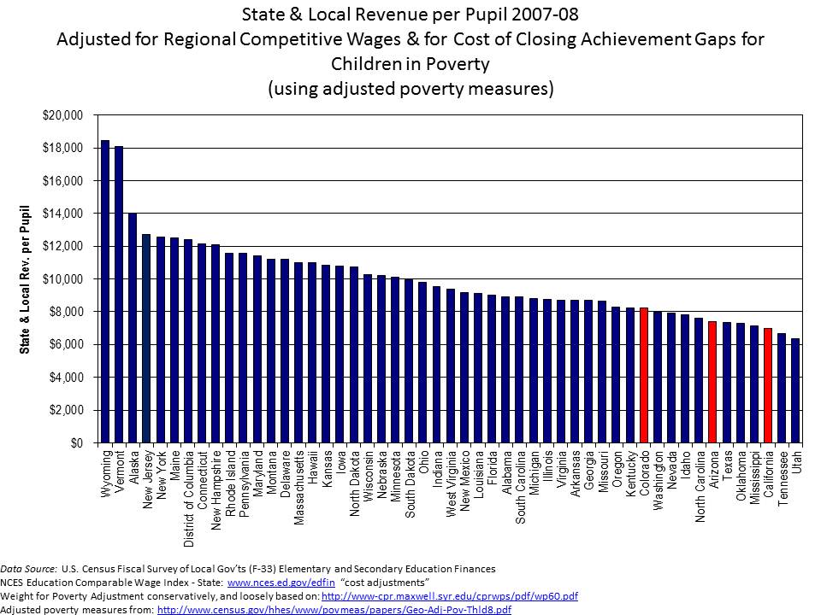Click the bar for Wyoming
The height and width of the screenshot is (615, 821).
[x=105, y=291]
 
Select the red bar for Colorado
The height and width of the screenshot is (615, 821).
[x=644, y=375]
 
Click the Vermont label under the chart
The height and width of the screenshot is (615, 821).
[x=119, y=466]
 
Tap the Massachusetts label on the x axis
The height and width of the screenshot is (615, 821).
[x=298, y=482]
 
